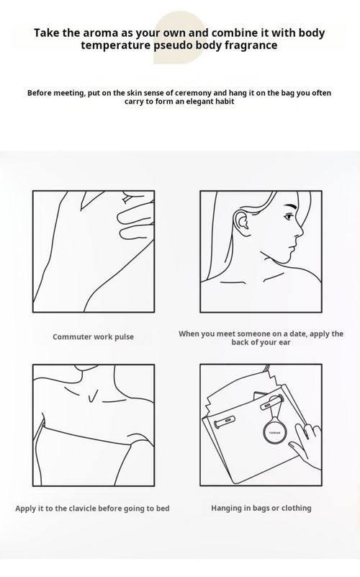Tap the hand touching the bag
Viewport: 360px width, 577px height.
point(310,440)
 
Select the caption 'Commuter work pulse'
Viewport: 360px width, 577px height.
point(93,336)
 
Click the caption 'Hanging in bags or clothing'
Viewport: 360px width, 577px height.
point(261,508)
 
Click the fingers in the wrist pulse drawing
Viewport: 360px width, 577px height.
point(133,220)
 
